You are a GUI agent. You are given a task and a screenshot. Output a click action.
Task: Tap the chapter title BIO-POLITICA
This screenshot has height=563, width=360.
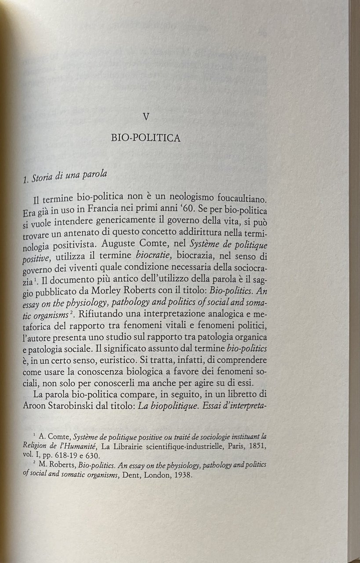click(146, 138)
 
